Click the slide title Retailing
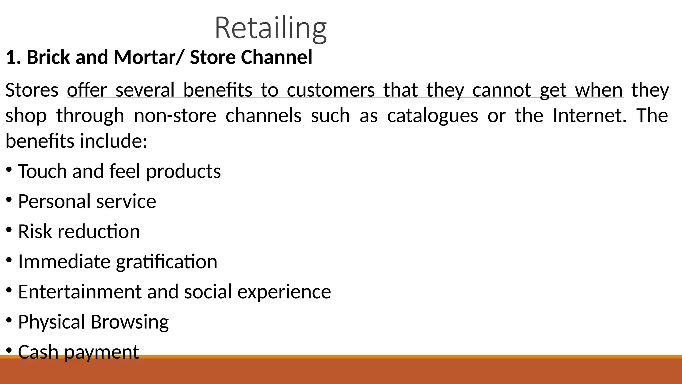pos(270,28)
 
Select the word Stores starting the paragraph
pos(32,90)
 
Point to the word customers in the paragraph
pos(331,90)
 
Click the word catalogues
pos(432,116)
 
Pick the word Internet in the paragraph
pos(589,115)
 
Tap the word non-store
pos(175,116)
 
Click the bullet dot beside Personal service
pos(9,200)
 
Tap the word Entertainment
pos(80,292)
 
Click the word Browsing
pos(130,322)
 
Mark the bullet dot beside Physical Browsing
pos(9,320)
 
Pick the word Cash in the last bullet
pos(38,352)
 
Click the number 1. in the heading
pos(14,57)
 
